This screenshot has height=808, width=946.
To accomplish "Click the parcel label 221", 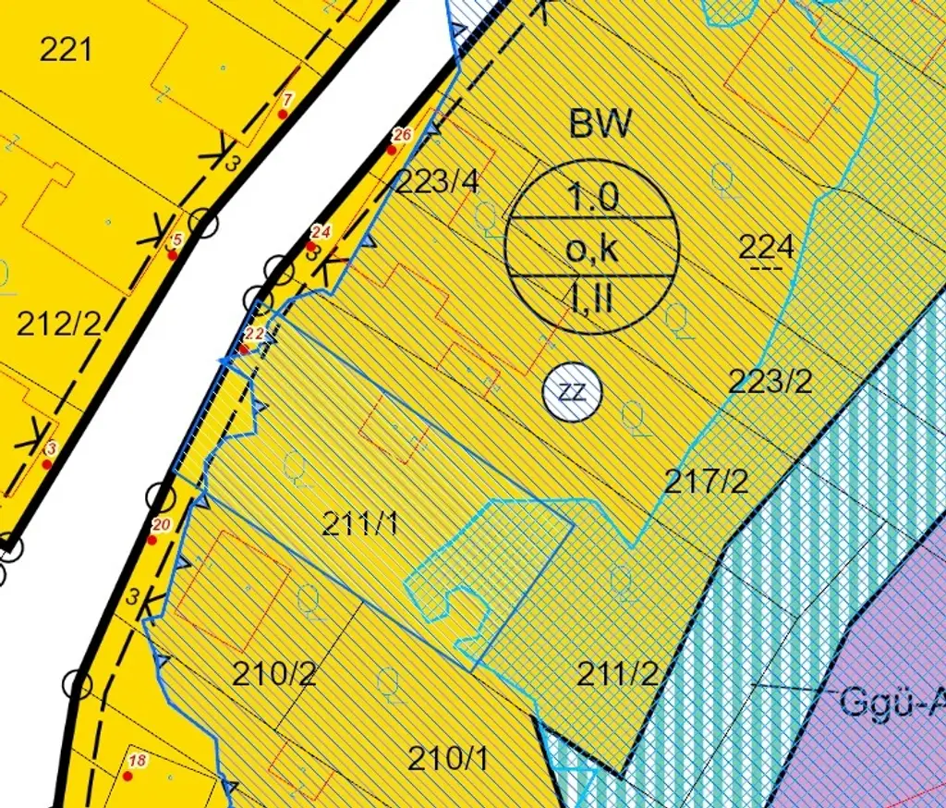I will [67, 49].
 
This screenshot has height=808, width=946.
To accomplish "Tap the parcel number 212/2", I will [59, 324].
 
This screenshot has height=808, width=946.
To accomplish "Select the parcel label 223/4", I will [438, 182].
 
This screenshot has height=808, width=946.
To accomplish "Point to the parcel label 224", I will [767, 247].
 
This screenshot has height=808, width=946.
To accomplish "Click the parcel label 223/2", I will [770, 381].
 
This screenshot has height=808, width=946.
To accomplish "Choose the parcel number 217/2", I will [707, 481].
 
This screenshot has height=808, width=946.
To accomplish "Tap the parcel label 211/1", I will [361, 524].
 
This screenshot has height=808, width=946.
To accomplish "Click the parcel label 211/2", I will [618, 674].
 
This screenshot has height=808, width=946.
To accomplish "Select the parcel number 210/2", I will [274, 674].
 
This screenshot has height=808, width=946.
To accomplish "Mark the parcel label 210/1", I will [448, 759].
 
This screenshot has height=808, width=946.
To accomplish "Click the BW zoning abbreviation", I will [600, 124].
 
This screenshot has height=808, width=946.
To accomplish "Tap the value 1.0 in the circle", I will [592, 197].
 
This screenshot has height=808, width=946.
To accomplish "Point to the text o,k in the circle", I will [592, 250].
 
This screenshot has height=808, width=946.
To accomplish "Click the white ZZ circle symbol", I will [572, 391].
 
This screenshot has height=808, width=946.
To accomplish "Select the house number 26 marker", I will [401, 136].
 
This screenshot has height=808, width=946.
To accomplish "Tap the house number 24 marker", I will [321, 232].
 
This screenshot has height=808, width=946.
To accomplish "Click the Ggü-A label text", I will [892, 702].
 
